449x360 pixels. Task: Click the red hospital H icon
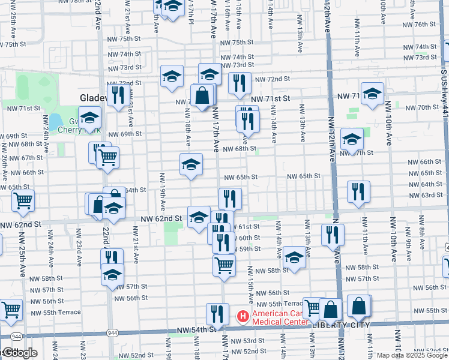243,315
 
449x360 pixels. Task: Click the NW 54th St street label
196,330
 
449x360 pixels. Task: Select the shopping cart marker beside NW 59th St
224,263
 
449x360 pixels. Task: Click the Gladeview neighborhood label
94,98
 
